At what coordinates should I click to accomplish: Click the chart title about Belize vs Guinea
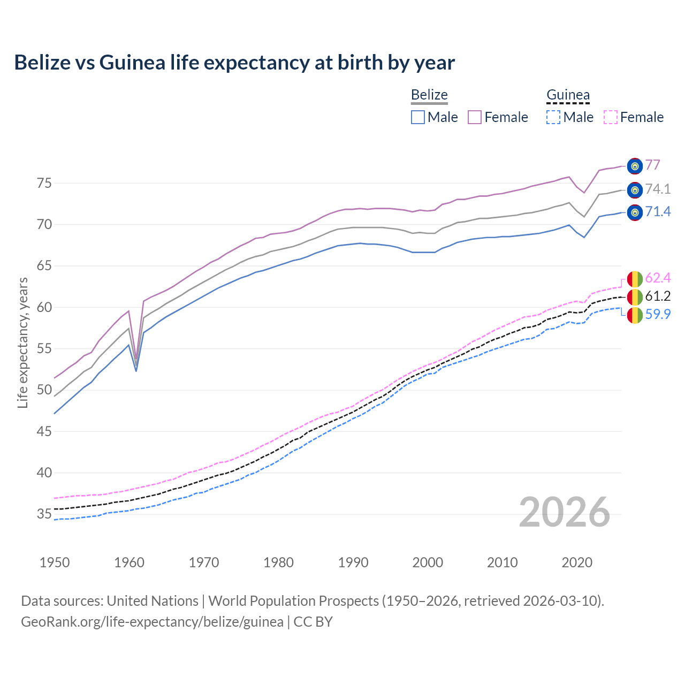coord(234,63)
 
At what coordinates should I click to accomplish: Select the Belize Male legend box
coord(418,117)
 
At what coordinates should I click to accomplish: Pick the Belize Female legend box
coord(475,117)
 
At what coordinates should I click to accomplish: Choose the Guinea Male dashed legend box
coord(553,117)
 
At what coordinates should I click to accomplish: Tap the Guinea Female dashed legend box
coord(611,117)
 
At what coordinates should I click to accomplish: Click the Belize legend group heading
coord(429,95)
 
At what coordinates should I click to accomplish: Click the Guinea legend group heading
coord(568,95)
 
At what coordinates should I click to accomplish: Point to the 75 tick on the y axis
coord(44,184)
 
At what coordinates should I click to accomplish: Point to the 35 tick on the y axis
coord(44,515)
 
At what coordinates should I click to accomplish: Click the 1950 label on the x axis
coord(55,562)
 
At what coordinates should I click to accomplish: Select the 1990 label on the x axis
coord(353,562)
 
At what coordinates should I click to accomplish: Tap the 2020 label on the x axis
coord(577,562)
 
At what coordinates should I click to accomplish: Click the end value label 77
coord(652,165)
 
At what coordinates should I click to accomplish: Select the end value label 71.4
coord(658,212)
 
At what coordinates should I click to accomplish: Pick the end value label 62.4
coord(658,278)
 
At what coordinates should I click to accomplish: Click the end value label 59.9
coord(658,314)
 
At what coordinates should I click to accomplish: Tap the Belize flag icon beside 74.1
coord(635,189)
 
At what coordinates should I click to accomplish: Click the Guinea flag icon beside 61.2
coord(635,296)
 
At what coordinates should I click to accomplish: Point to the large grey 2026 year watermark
coord(564,513)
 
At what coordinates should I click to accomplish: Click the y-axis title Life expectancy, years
coord(22,342)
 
